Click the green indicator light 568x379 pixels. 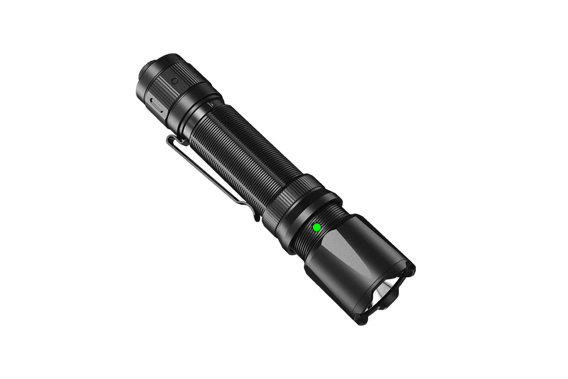[316, 227]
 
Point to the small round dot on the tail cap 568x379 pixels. [175, 81]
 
